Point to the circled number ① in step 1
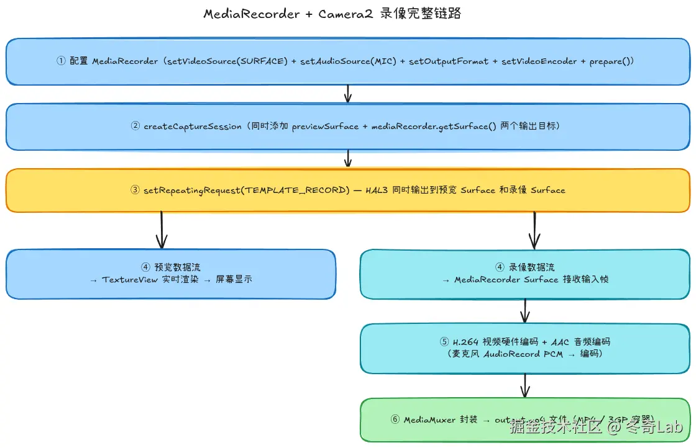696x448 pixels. pos(61,61)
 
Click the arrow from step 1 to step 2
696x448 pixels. pos(348,94)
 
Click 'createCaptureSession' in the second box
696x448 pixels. pos(193,127)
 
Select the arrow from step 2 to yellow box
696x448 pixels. pos(348,159)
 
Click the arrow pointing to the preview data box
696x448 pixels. pos(162,231)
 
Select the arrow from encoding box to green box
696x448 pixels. pos(525,386)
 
